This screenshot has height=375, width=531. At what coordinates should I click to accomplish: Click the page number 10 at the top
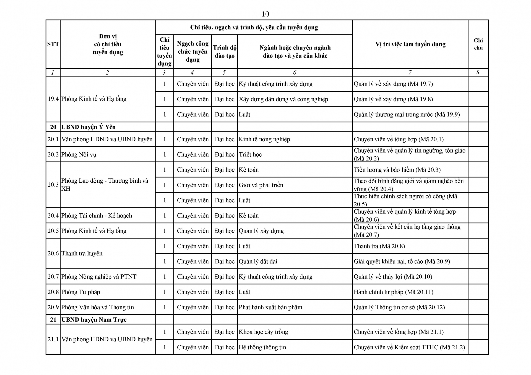265,14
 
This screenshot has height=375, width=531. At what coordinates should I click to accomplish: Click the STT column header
53,44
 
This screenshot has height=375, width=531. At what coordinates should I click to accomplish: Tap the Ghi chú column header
478,44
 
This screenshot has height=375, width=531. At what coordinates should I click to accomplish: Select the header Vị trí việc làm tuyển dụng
410,44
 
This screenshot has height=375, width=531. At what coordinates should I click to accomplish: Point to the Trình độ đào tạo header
225,52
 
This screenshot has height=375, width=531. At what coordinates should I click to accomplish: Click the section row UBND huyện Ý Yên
88,127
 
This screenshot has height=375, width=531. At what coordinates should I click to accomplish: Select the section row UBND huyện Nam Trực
94,319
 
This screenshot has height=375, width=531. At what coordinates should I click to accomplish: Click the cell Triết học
250,154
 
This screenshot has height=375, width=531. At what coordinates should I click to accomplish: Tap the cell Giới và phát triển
261,185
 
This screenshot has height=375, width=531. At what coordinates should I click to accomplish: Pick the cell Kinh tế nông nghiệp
264,139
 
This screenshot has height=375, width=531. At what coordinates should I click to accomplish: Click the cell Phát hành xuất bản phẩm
270,307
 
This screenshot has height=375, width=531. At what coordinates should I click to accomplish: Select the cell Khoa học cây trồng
263,332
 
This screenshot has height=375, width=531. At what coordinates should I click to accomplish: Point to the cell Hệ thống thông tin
262,347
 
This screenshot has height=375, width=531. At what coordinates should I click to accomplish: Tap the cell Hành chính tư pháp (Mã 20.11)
394,292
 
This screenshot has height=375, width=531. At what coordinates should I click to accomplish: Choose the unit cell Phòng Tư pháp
81,292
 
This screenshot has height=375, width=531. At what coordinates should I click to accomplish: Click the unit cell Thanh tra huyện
82,253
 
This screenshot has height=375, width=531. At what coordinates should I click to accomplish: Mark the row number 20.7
53,277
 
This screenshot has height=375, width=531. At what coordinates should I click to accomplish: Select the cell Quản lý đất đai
258,261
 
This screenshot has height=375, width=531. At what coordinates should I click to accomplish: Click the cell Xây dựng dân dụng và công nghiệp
283,99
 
